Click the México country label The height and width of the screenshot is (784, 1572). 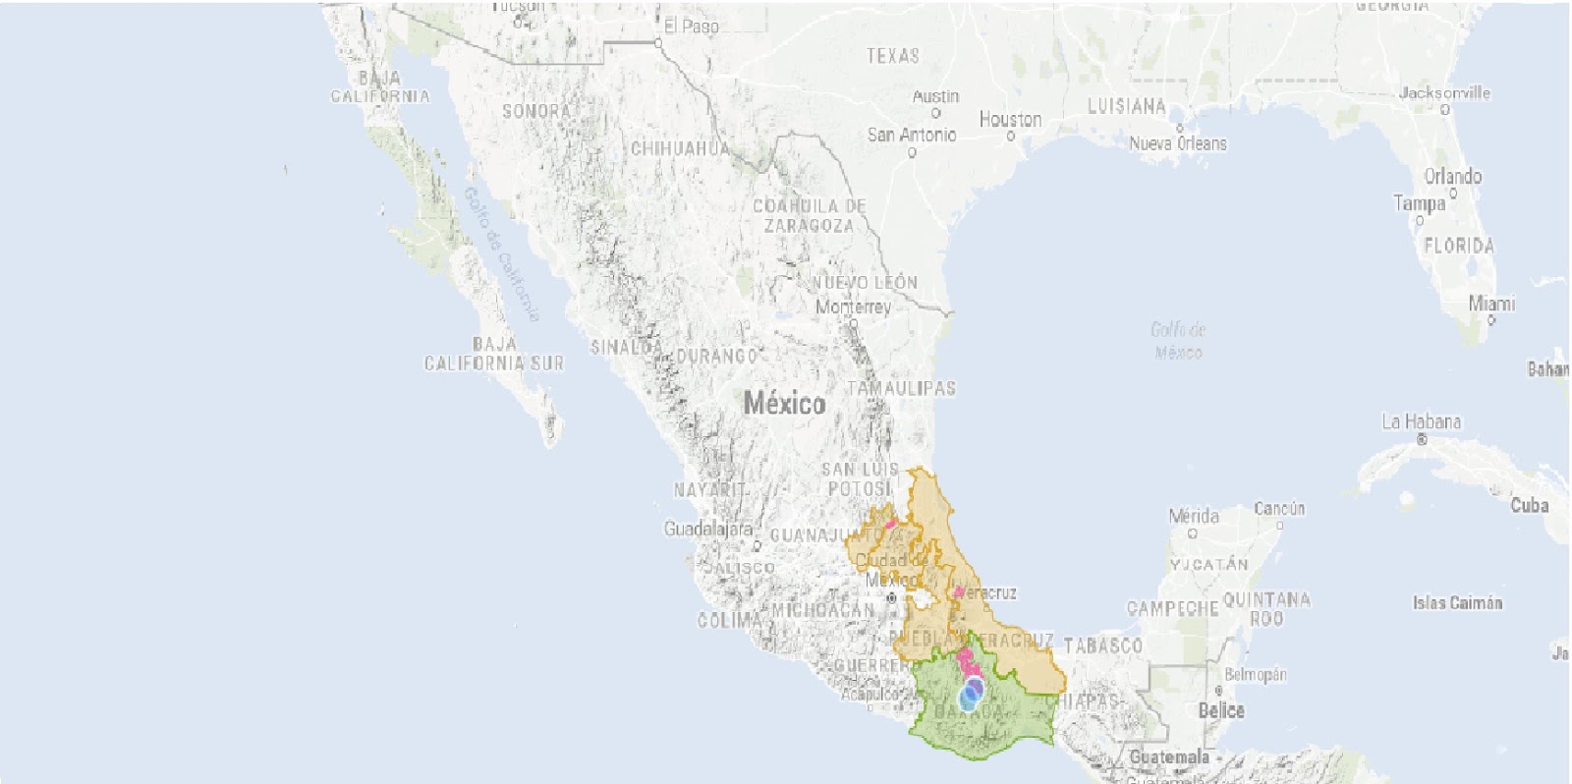pos(784,403)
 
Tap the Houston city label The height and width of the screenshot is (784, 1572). pos(1010,119)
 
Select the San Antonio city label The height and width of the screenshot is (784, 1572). pos(911,135)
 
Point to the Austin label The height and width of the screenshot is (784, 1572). pos(935,96)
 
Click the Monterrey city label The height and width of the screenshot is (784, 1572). pos(853,307)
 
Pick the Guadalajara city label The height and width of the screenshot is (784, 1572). pos(707,529)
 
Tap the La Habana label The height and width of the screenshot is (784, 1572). pos(1421,421)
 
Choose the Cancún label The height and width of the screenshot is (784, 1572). pos(1279,508)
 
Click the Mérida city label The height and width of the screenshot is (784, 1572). pos(1194,516)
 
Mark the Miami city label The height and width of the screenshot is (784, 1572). pos(1491,304)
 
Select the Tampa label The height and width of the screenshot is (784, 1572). pos(1420,203)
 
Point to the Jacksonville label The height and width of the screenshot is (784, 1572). pos(1444,93)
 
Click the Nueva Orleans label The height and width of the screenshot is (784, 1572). pos(1177,143)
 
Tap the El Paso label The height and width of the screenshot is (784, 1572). pos(691,27)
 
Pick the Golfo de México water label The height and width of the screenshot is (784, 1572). pos(1178,340)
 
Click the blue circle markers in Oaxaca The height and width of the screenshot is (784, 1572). pos(972,693)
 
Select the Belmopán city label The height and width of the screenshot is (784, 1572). pos(1255,675)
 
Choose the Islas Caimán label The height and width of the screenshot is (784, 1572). pos(1457,602)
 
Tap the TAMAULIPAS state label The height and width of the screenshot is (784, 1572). pos(901,388)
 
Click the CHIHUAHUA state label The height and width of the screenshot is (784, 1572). pos(680,148)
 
